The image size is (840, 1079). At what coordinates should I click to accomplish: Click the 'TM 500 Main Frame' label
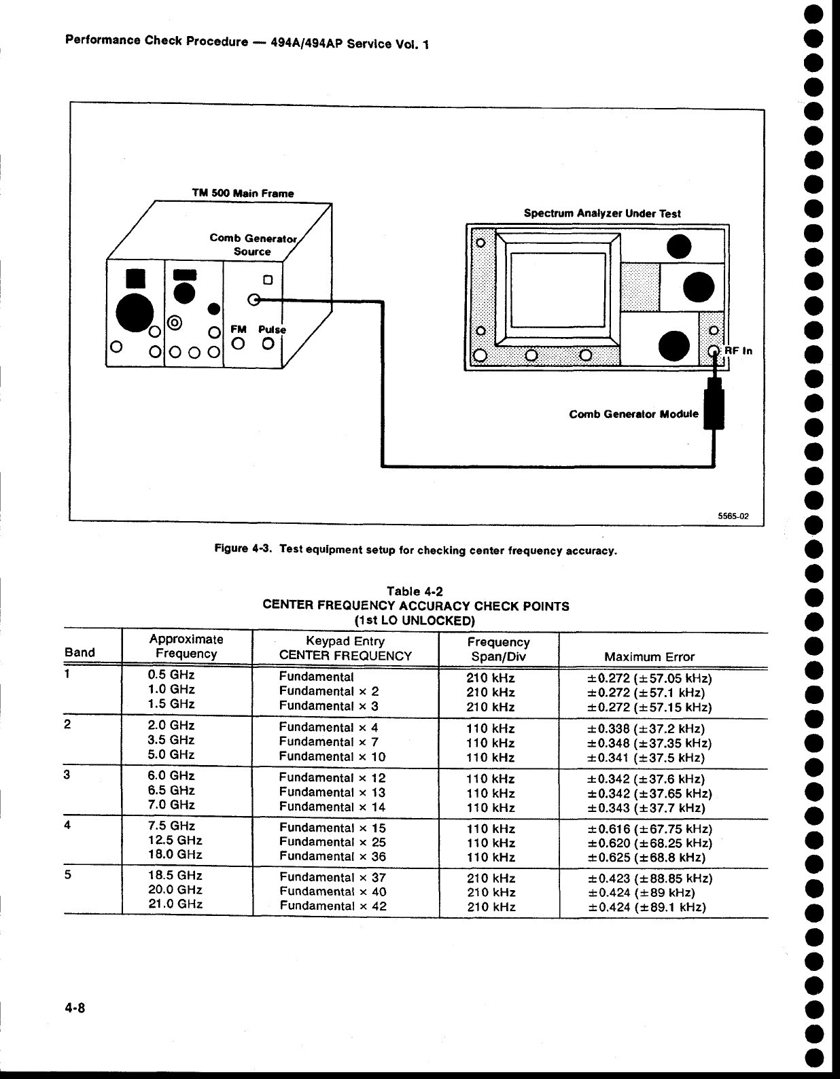pyautogui.click(x=243, y=193)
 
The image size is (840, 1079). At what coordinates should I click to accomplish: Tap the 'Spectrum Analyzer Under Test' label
pyautogui.click(x=601, y=213)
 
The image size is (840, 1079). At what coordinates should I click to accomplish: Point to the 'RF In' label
pyautogui.click(x=738, y=351)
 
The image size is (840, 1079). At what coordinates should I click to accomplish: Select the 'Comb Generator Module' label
pyautogui.click(x=633, y=414)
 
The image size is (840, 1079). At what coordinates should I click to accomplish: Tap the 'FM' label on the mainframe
pyautogui.click(x=238, y=329)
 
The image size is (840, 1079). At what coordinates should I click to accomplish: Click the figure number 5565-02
pyautogui.click(x=733, y=516)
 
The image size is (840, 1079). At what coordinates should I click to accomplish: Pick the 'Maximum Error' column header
pyautogui.click(x=649, y=656)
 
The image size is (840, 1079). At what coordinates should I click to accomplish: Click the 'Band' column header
pyautogui.click(x=80, y=652)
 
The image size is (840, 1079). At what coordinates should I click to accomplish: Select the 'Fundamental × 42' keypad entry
pyautogui.click(x=333, y=906)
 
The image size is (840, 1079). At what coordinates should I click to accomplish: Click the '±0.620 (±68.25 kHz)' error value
pyautogui.click(x=649, y=843)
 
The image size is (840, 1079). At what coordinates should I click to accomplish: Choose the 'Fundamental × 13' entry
pyautogui.click(x=332, y=792)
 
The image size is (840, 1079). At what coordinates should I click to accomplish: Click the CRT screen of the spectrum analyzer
pyautogui.click(x=557, y=290)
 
